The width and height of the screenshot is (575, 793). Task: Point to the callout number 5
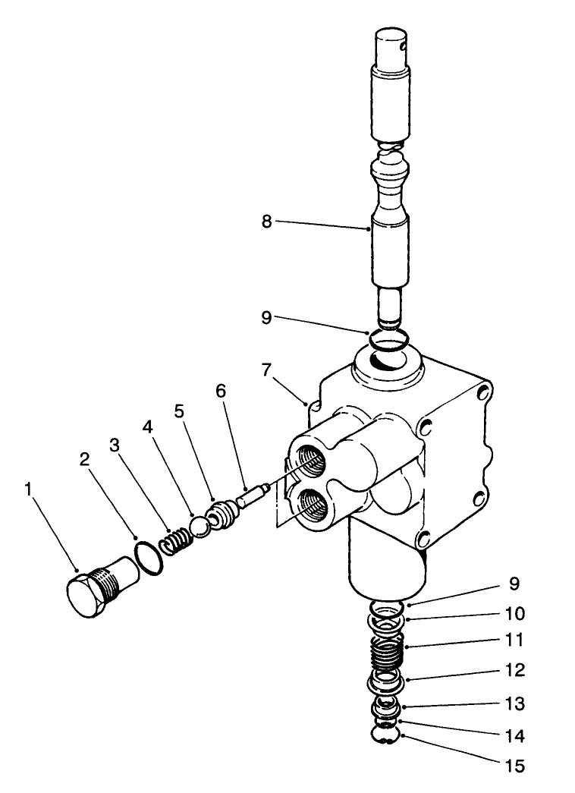179,411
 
